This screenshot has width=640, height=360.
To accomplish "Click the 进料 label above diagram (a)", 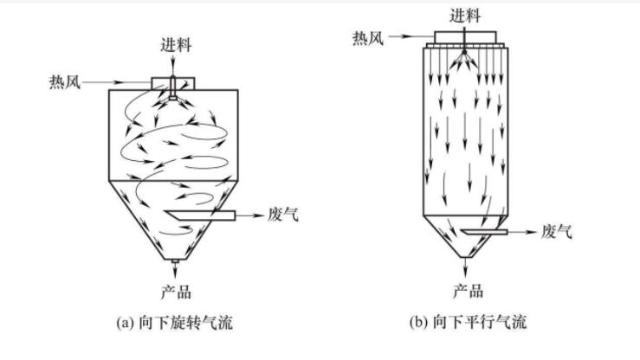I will point(172,45).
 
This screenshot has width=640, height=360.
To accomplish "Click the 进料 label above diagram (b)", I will point(465,15).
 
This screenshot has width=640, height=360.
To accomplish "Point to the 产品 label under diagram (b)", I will point(468,291).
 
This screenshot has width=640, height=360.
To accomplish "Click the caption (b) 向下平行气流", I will point(468,323).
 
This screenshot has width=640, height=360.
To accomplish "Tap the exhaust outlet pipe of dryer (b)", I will point(485,231).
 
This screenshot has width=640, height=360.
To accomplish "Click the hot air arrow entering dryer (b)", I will point(406,37).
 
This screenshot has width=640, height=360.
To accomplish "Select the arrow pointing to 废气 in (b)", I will point(523,231).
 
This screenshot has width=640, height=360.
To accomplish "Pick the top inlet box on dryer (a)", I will point(173,81).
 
